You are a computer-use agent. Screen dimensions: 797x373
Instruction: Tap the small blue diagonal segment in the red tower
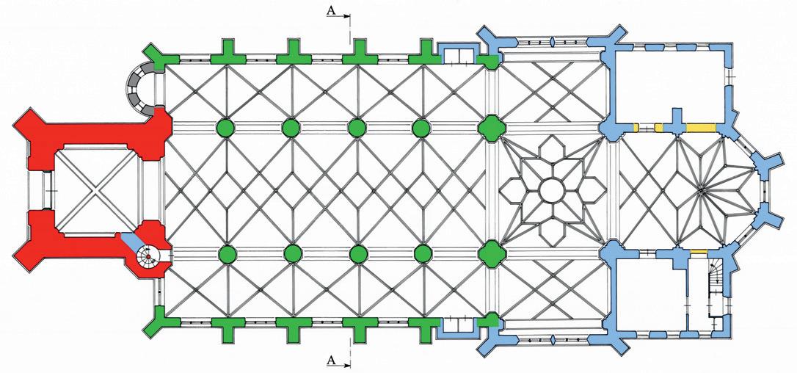click(x=131, y=242)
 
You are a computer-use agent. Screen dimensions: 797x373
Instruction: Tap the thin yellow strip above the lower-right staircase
click(x=699, y=253)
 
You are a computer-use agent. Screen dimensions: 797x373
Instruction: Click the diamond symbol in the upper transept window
click(x=550, y=43)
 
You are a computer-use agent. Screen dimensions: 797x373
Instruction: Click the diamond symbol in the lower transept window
click(x=550, y=340)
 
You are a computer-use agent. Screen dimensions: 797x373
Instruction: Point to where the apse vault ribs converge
click(x=701, y=191)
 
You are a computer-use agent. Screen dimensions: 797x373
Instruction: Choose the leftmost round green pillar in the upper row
click(x=226, y=128)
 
